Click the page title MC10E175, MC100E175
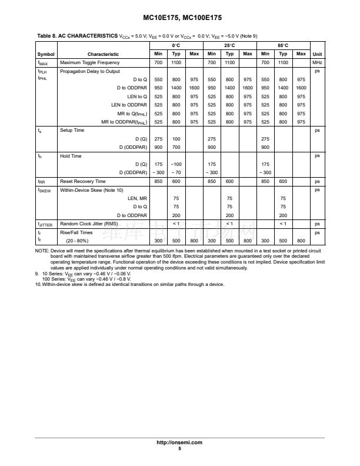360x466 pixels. click(x=179, y=18)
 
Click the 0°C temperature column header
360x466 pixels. click(x=176, y=45)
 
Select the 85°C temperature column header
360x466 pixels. click(x=283, y=45)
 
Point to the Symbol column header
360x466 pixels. click(x=45, y=54)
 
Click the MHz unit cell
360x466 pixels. click(x=317, y=62)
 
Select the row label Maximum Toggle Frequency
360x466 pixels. click(x=89, y=62)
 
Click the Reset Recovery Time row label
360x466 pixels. click(x=83, y=181)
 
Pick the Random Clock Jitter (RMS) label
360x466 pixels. click(x=89, y=224)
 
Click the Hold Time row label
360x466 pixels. click(x=71, y=156)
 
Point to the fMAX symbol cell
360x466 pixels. click(x=43, y=62)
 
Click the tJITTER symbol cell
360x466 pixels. click(x=45, y=224)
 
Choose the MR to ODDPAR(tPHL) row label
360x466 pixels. click(x=124, y=122)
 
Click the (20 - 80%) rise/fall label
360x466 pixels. click(x=78, y=241)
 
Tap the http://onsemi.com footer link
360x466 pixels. click(x=179, y=442)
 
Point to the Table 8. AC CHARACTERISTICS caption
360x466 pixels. click(x=76, y=36)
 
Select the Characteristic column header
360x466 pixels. click(x=103, y=54)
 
